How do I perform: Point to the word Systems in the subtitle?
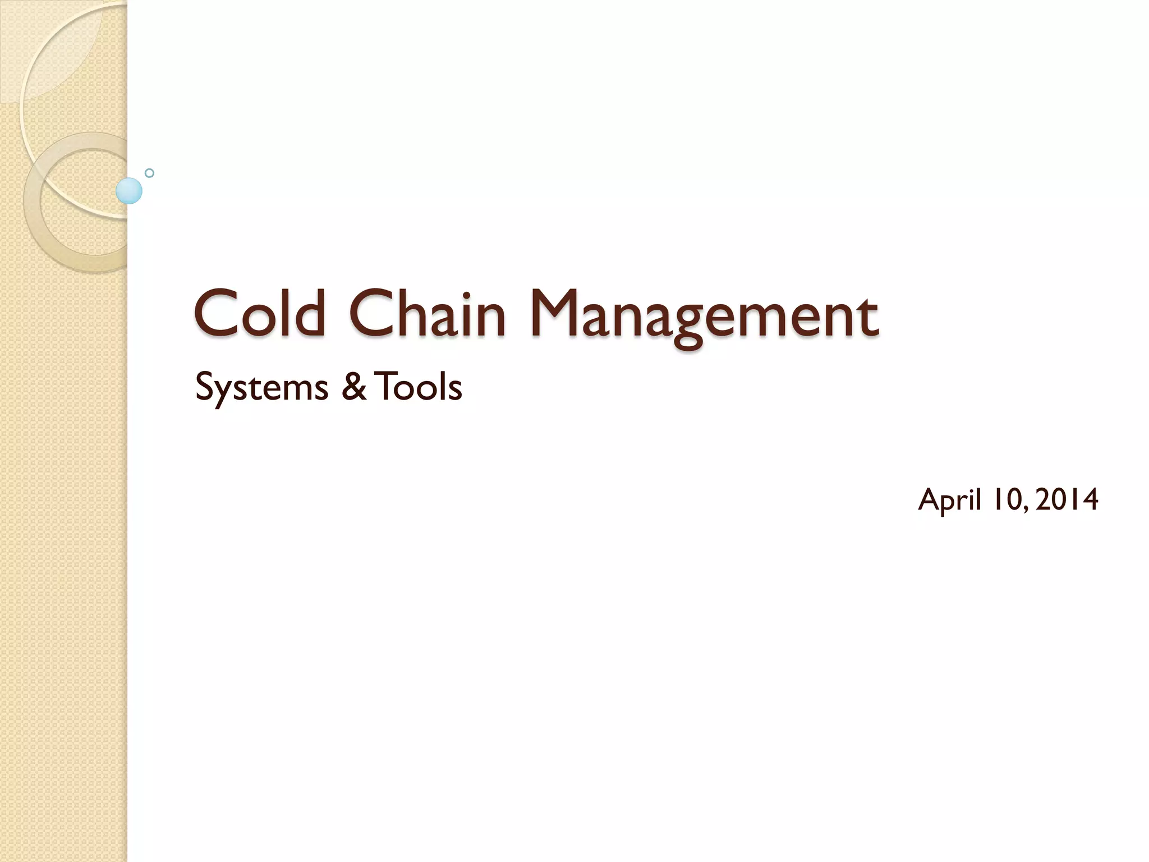click(261, 388)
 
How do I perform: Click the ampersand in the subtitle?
click(353, 387)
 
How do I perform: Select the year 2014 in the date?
click(1067, 499)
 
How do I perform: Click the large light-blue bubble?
click(129, 191)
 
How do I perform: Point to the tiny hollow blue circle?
click(149, 173)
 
